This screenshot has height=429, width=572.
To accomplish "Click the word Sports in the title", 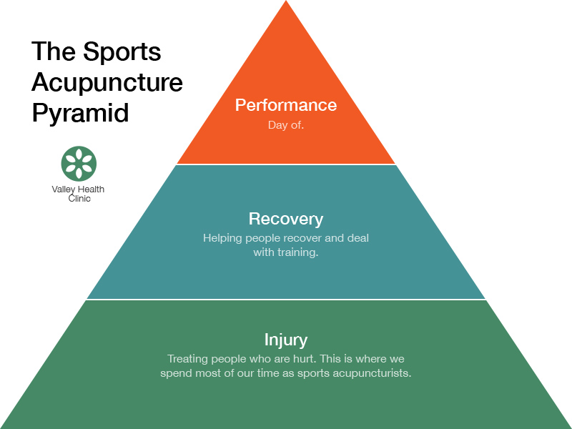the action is pyautogui.click(x=122, y=52).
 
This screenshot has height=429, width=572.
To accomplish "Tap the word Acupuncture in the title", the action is pyautogui.click(x=107, y=82).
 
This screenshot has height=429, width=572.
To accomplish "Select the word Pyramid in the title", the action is pyautogui.click(x=80, y=114).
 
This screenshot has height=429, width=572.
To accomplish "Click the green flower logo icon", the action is pyautogui.click(x=79, y=164).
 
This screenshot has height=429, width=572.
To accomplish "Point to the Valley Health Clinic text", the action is pyautogui.click(x=78, y=194).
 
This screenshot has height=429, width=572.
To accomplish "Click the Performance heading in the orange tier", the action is pyautogui.click(x=286, y=105).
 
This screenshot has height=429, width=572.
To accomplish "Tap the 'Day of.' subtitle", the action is pyautogui.click(x=286, y=125).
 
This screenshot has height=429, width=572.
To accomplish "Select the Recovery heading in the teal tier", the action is pyautogui.click(x=286, y=220).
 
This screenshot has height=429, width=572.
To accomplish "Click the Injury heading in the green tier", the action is pyautogui.click(x=286, y=340).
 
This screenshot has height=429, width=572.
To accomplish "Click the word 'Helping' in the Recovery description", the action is pyautogui.click(x=222, y=238).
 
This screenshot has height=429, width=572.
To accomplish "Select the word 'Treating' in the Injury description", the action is pyautogui.click(x=187, y=359).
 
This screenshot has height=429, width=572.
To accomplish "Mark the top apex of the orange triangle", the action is pyautogui.click(x=286, y=1).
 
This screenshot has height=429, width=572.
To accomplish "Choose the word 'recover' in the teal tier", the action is pyautogui.click(x=302, y=239).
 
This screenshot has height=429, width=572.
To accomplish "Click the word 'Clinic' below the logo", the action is pyautogui.click(x=79, y=199).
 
